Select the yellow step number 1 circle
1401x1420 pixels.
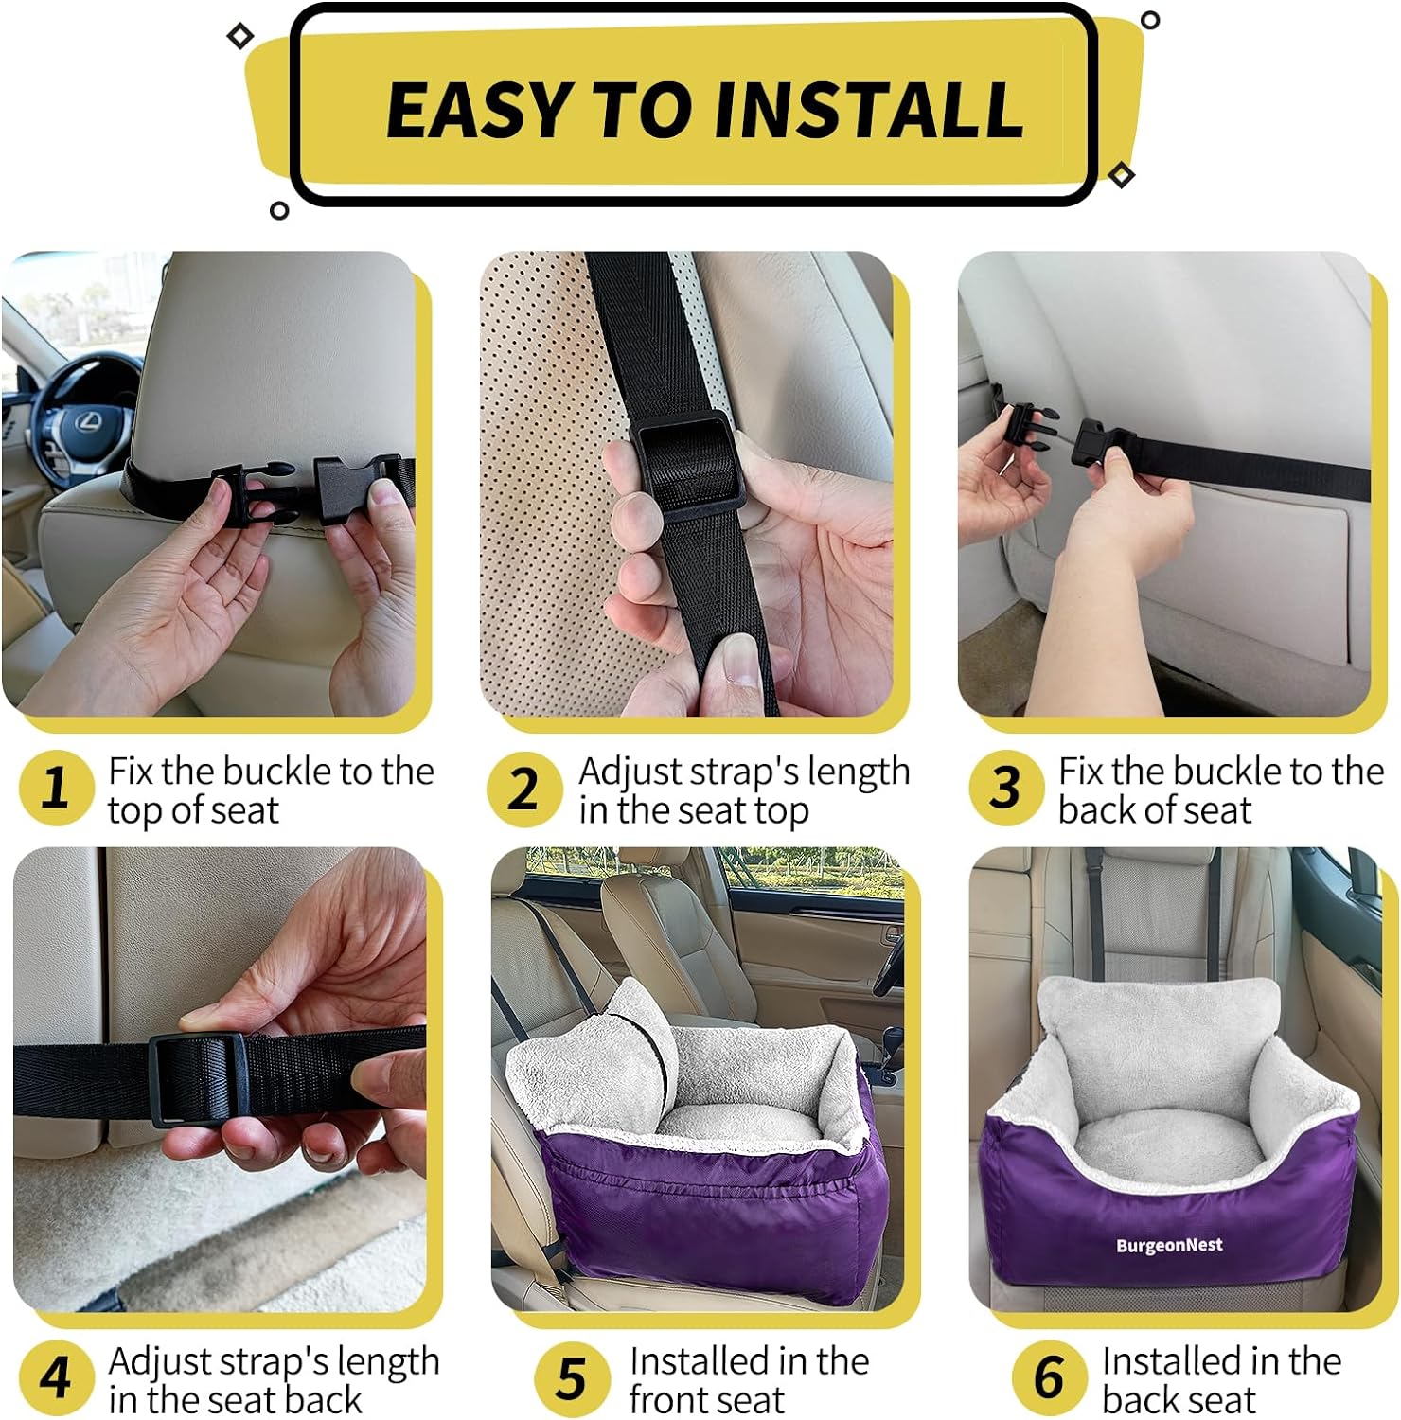pyautogui.click(x=56, y=788)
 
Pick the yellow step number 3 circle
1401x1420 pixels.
pyautogui.click(x=1005, y=788)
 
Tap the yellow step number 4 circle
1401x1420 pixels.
pyautogui.click(x=56, y=1377)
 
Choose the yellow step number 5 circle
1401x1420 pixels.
pyautogui.click(x=571, y=1377)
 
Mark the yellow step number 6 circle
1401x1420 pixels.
pyautogui.click(x=1049, y=1377)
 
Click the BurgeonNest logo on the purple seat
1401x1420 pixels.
pyautogui.click(x=1169, y=1245)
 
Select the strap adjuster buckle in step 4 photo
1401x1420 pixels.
pyautogui.click(x=199, y=1079)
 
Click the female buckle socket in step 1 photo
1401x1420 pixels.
pyautogui.click(x=346, y=488)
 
